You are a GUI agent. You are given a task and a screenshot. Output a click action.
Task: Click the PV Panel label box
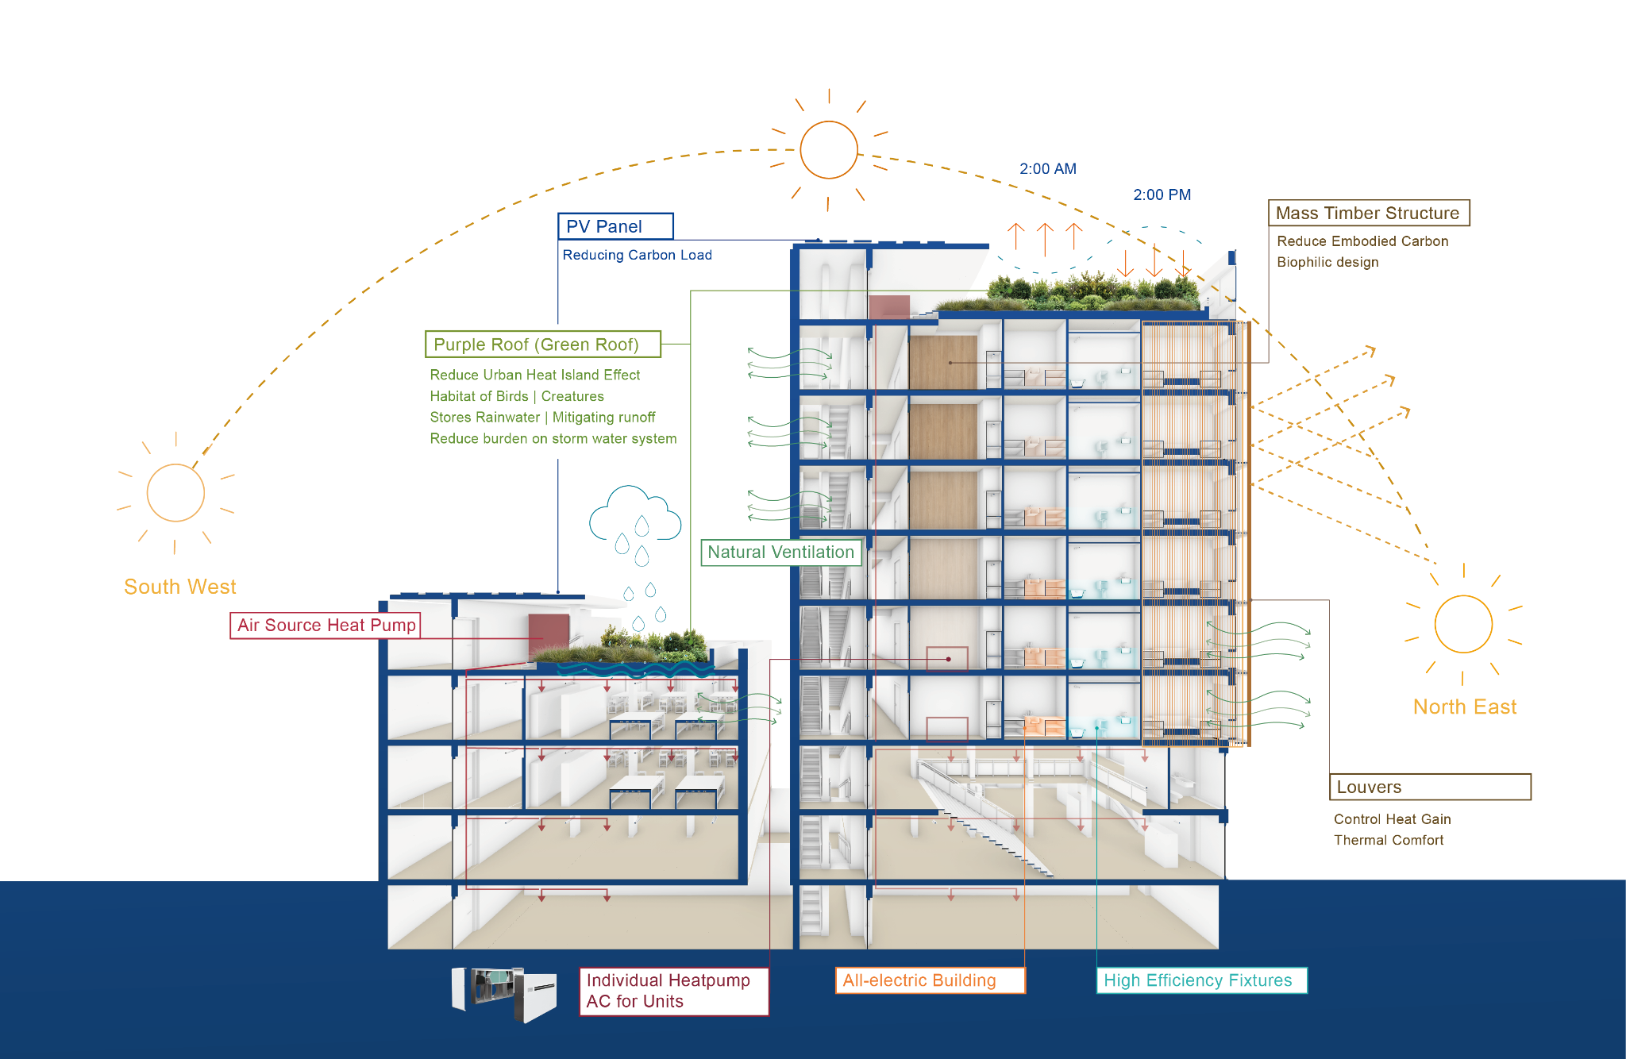tap(615, 226)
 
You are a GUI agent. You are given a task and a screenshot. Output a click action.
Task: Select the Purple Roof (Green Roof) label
tap(543, 345)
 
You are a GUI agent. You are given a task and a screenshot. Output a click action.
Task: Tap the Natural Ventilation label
tap(780, 553)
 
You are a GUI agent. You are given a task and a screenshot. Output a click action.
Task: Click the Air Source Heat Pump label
tap(326, 626)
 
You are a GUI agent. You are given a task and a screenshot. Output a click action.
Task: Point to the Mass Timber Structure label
tap(1368, 213)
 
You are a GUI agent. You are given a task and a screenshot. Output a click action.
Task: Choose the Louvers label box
tap(1429, 787)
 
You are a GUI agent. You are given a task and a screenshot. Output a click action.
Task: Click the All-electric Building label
tap(929, 980)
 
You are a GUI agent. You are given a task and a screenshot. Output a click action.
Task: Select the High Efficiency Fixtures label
tap(1200, 980)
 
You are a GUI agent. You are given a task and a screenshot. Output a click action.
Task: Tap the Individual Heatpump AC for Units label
tap(673, 991)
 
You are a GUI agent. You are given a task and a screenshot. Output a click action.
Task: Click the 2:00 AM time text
tap(1048, 168)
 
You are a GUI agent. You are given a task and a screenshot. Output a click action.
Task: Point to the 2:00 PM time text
tap(1162, 194)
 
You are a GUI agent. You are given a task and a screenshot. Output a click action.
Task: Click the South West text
tap(180, 587)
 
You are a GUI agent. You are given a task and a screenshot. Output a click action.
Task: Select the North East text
tap(1464, 707)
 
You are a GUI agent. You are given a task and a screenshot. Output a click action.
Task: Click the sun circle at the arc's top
tap(829, 149)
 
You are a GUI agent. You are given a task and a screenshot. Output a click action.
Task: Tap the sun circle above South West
tap(175, 493)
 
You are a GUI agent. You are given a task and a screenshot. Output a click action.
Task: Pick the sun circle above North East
tap(1463, 624)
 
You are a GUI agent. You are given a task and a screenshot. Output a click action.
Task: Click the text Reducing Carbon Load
tap(637, 255)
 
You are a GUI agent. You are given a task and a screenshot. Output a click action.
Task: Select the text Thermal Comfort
tap(1388, 840)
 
